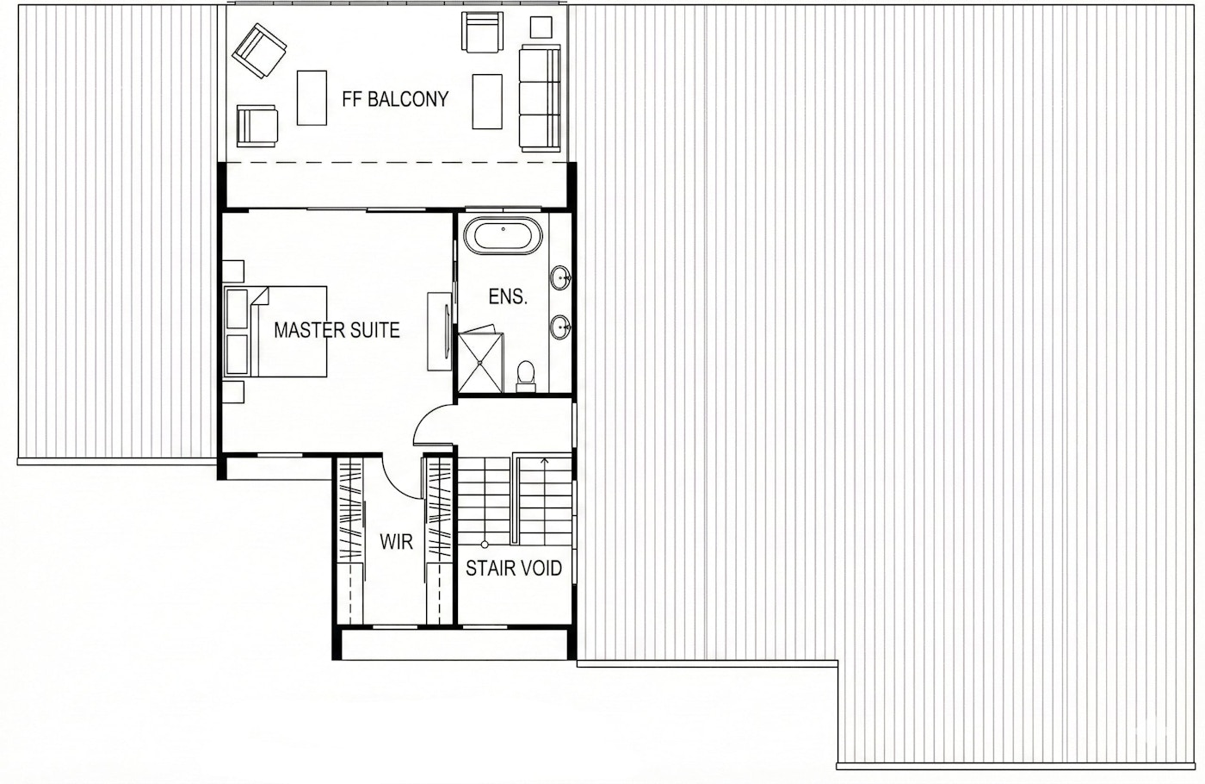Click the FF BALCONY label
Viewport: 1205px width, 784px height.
pos(395,99)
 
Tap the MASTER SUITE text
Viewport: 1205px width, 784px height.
pos(337,330)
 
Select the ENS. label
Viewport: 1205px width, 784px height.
pos(507,297)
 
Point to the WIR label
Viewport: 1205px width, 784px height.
pos(396,542)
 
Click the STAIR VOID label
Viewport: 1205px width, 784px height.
pos(514,569)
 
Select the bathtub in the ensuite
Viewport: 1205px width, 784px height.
pos(504,235)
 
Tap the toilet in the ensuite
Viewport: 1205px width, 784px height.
pos(525,376)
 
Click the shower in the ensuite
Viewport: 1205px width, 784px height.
pos(480,360)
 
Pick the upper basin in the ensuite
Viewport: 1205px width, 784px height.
pos(561,278)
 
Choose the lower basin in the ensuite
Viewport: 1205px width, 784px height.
pos(561,328)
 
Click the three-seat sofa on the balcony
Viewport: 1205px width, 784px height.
pos(540,99)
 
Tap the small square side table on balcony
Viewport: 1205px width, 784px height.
pos(541,28)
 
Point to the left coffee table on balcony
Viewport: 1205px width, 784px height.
pos(312,97)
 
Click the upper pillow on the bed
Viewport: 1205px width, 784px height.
pos(237,308)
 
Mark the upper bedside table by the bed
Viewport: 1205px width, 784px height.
pos(233,271)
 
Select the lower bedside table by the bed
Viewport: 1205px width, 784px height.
pos(233,392)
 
